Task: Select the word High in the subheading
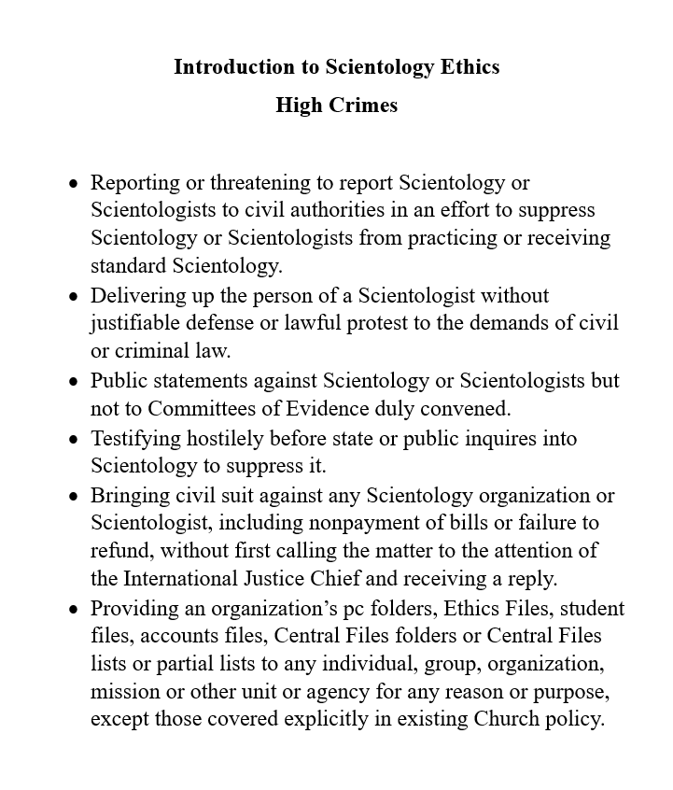click(296, 106)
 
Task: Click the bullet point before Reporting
click(74, 183)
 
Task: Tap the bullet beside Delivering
click(74, 296)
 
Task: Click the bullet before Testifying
click(74, 439)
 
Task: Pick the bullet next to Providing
click(74, 609)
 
